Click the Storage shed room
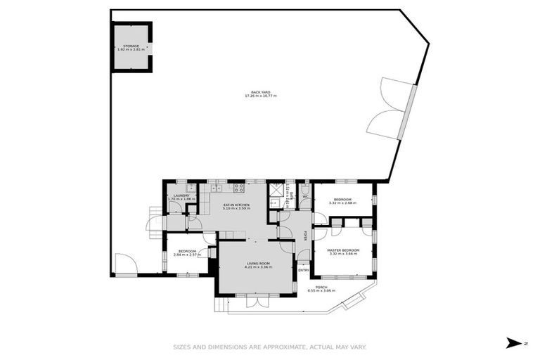point(131,47)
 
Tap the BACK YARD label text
point(260,92)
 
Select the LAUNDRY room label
point(181,195)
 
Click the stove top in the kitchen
point(239,188)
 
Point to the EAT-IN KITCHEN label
point(236,204)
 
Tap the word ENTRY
point(303,270)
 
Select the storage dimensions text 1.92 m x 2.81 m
point(131,50)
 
